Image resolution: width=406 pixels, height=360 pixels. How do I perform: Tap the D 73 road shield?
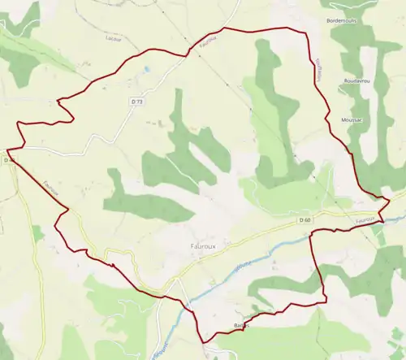tap(136, 102)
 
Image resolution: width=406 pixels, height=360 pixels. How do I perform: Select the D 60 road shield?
tap(304, 220)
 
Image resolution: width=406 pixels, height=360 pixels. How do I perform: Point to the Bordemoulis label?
tap(339, 20)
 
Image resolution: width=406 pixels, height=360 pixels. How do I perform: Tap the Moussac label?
tap(352, 119)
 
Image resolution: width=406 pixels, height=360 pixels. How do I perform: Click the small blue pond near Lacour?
tap(147, 70)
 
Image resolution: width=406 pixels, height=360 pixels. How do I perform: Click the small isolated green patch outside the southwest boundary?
tap(37, 234)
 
